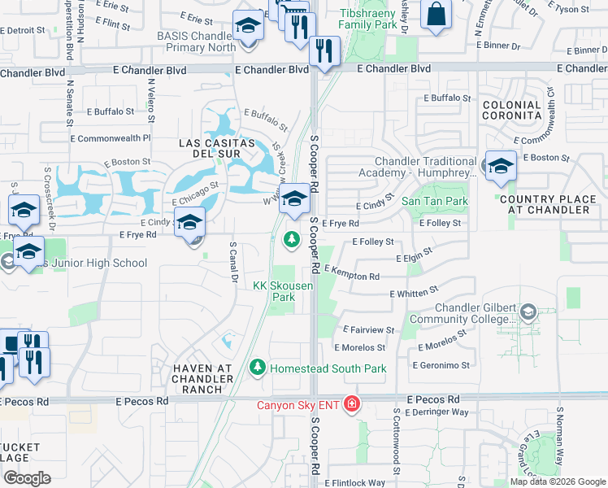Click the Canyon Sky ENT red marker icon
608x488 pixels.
click(x=352, y=404)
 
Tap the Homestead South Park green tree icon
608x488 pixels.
click(x=258, y=368)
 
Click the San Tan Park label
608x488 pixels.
click(x=435, y=201)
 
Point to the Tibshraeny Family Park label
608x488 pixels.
click(x=380, y=21)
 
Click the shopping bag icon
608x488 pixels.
click(x=436, y=15)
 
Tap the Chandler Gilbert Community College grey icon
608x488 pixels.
click(x=528, y=312)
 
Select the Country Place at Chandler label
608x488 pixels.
click(x=556, y=204)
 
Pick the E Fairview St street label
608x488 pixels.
click(x=368, y=330)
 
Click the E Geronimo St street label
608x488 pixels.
click(x=441, y=365)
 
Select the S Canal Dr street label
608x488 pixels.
click(x=233, y=262)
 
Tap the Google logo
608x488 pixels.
click(x=27, y=478)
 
